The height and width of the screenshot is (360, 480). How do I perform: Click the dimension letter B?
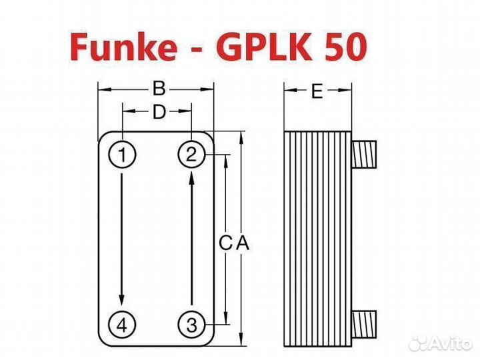pos(158,88)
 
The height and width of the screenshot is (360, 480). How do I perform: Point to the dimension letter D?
pos(158,112)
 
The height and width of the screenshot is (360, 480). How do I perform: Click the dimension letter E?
pos(317,91)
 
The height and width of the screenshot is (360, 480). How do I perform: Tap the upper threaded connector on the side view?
pos(366,155)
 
